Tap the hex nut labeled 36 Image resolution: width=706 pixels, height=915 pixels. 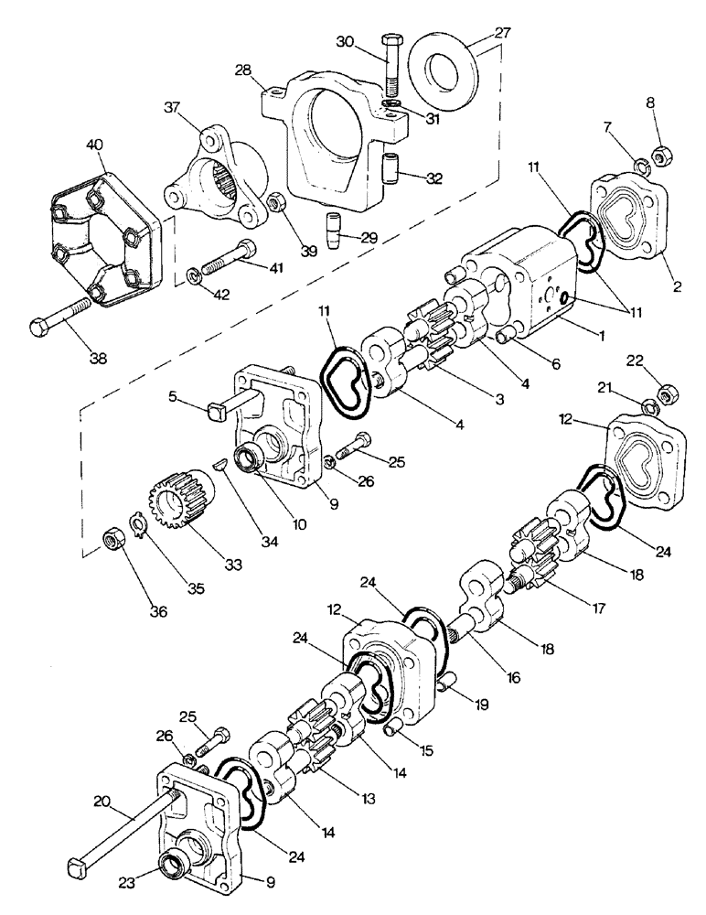click(110, 540)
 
